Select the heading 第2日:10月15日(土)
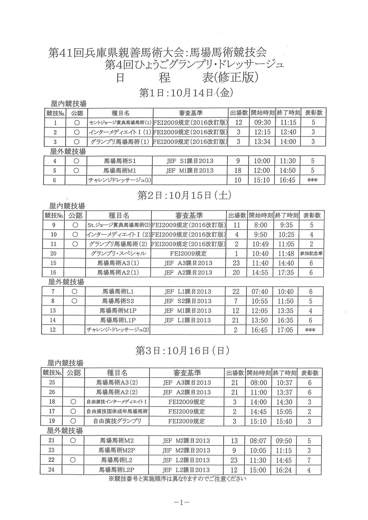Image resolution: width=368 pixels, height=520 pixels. point(184,196)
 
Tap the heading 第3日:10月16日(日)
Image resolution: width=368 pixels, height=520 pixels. point(183,351)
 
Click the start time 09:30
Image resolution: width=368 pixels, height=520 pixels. point(262,122)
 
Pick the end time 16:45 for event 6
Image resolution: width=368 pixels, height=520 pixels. point(287,180)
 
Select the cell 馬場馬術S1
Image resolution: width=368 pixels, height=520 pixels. point(120,161)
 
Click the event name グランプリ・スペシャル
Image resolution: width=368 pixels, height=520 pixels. point(118,253)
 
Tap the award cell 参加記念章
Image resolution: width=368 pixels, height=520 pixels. point(311,253)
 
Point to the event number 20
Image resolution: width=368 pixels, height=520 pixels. point(53,253)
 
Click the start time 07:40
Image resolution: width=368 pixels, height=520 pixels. point(260,292)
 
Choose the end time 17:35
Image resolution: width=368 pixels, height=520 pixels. point(286,272)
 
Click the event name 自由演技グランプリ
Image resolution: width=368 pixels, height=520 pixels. point(117,421)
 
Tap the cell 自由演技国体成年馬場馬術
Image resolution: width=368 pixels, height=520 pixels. point(117,411)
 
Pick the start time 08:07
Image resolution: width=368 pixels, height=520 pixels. point(258,441)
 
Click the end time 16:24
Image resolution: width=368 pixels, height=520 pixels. point(284,470)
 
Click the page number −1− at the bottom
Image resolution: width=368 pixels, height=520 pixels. point(181,503)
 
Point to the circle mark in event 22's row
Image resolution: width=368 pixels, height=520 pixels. point(73,460)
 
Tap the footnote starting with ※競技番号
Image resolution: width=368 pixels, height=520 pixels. point(177,479)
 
